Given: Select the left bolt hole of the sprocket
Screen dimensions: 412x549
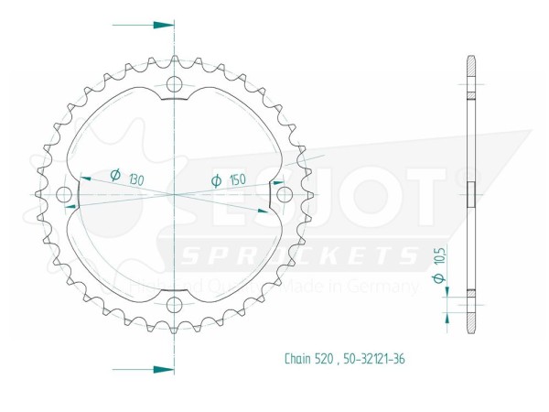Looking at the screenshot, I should pos(65,195).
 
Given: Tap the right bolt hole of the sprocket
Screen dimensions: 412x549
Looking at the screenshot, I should pos(284,194).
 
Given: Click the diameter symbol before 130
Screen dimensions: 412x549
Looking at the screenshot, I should pos(115,174).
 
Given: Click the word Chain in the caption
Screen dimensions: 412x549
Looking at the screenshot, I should pos(297,358).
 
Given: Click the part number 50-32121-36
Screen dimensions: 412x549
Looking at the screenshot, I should pos(375,358).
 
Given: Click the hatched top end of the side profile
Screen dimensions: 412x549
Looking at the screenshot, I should pos(470,67).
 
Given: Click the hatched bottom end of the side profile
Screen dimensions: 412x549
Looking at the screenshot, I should pos(470,321).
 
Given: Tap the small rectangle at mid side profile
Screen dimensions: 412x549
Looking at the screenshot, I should pos(471,194).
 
